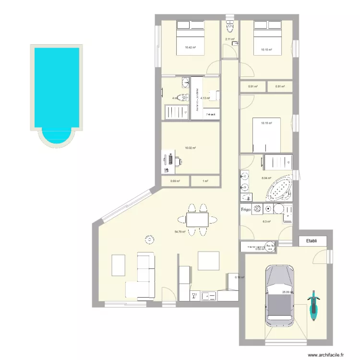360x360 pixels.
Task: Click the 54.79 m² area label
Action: point(180,231)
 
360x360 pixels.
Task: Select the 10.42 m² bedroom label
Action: point(190,48)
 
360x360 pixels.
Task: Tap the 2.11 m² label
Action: point(230,39)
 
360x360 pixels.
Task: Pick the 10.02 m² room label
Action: point(191,148)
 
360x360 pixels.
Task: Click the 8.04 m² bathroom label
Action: point(266,178)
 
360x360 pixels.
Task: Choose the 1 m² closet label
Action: point(205,181)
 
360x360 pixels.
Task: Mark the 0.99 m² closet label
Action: point(175,181)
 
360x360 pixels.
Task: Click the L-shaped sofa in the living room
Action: point(143,275)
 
